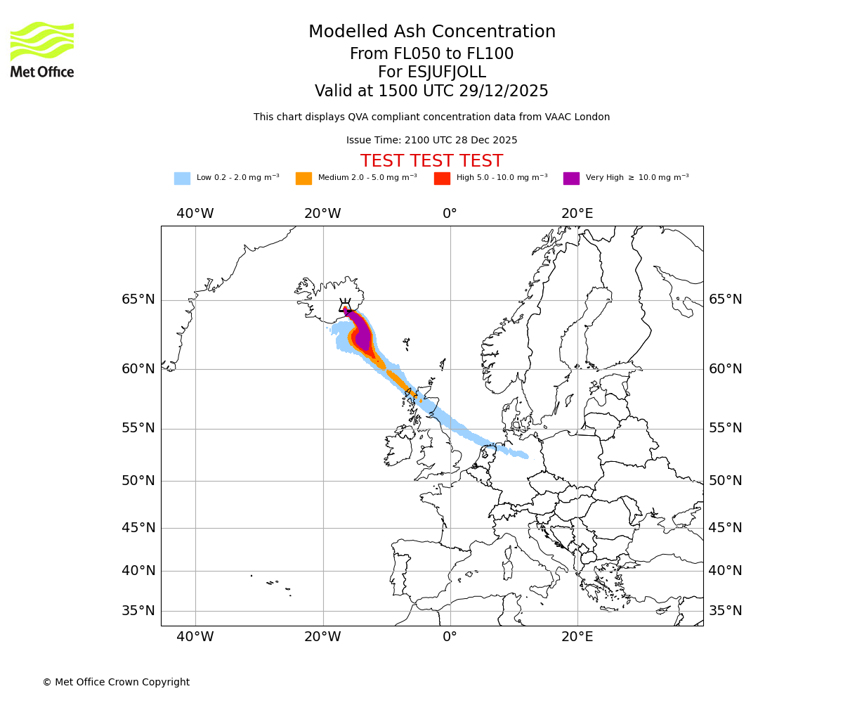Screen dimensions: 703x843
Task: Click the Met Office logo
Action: (42, 49)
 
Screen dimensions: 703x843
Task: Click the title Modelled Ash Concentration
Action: (431, 32)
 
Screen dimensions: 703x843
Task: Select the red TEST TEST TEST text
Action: (431, 162)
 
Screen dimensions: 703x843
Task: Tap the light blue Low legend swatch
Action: (182, 179)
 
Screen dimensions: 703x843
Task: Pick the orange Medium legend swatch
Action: (303, 179)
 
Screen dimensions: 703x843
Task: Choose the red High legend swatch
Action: (442, 179)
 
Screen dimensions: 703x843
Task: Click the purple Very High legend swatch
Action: (571, 179)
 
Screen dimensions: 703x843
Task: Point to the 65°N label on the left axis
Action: (138, 299)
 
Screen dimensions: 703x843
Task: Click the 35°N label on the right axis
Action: (725, 611)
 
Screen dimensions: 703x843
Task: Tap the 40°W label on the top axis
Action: (195, 214)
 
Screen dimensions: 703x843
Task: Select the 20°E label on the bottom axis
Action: (577, 638)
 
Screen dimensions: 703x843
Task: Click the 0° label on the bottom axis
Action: (450, 638)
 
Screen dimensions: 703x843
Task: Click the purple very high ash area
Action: (362, 337)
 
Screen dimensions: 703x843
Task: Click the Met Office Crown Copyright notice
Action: (116, 682)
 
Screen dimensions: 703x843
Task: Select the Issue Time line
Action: (431, 141)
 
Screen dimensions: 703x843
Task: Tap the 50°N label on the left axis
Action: (138, 481)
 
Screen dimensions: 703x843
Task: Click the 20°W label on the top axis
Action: (322, 214)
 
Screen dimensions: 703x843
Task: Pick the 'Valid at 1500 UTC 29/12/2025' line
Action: (431, 91)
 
